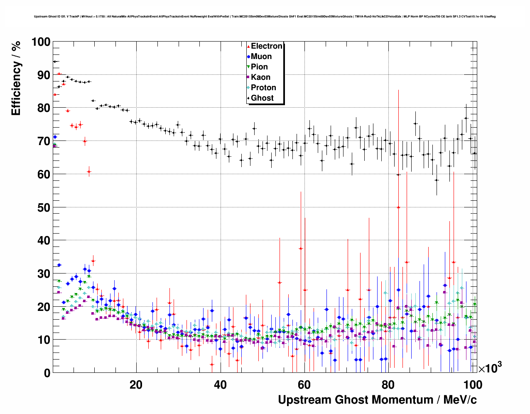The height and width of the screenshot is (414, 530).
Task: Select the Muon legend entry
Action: [x=261, y=57]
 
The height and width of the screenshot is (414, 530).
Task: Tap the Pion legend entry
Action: [x=259, y=67]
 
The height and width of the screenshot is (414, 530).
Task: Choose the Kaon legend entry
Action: [x=260, y=77]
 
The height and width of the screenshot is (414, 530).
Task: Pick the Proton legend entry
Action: [x=263, y=88]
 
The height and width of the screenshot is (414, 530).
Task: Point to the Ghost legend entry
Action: [x=262, y=98]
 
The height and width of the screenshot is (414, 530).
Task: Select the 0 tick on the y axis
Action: [x=47, y=373]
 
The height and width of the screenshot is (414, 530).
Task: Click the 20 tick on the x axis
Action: [x=136, y=384]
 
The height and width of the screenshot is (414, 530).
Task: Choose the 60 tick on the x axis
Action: [x=304, y=384]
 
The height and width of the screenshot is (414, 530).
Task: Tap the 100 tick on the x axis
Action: [x=473, y=384]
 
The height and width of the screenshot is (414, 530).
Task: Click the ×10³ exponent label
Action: [x=490, y=368]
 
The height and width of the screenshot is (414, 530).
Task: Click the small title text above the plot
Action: [x=265, y=17]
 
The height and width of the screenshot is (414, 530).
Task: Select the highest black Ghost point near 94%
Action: [x=54, y=62]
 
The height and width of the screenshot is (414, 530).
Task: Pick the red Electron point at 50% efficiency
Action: [x=398, y=207]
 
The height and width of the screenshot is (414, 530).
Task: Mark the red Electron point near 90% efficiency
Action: [x=59, y=74]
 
